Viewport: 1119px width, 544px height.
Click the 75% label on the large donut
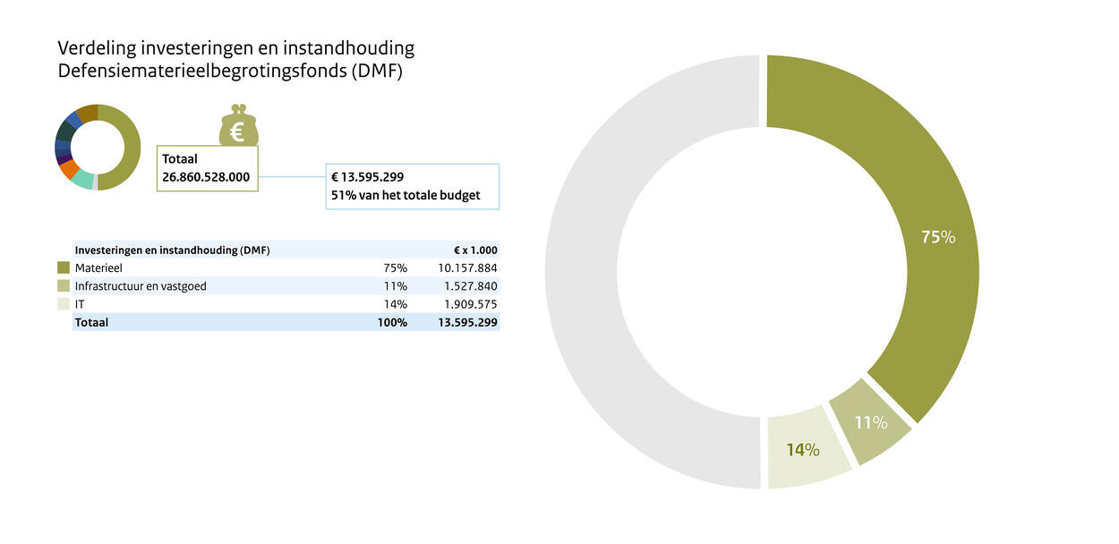coord(938,237)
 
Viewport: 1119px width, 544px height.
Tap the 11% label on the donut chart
coord(871,422)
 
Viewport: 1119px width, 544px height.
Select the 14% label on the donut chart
coord(803,450)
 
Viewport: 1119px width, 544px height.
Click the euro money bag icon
coord(238,125)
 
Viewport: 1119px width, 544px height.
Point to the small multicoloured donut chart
coord(98,148)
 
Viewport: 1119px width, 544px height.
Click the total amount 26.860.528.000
coord(206,177)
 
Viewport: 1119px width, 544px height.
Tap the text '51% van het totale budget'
coord(406,194)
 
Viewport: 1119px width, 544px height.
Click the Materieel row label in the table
coord(98,268)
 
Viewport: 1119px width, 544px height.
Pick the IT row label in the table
coord(81,304)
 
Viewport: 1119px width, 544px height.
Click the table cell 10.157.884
coord(467,268)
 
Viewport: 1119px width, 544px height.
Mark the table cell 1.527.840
coord(471,286)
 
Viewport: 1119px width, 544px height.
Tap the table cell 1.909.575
coord(471,304)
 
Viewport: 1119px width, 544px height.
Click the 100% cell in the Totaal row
coord(393,322)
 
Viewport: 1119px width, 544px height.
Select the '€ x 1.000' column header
coord(475,251)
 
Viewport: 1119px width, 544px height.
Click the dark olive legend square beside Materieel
coord(64,268)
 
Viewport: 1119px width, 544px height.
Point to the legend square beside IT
coord(64,304)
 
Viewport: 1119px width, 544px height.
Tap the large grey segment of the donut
coord(591,268)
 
